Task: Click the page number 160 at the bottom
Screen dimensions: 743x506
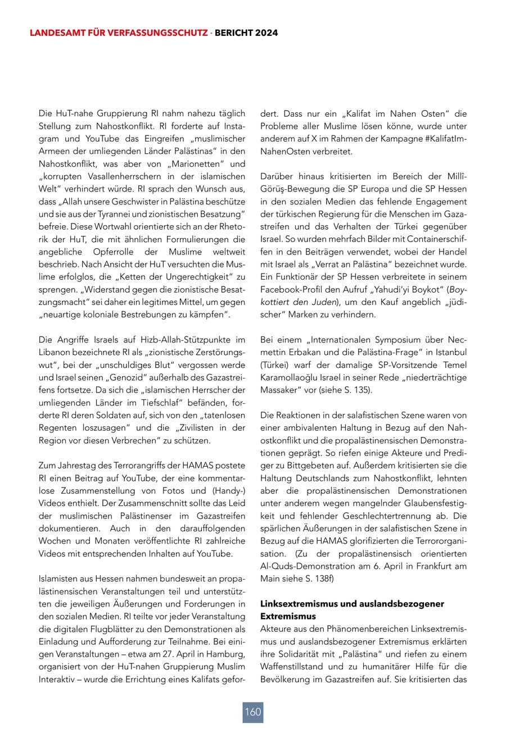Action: click(253, 712)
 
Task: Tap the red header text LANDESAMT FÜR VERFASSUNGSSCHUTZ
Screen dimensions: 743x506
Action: click(119, 33)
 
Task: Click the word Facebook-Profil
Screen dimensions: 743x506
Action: click(291, 289)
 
